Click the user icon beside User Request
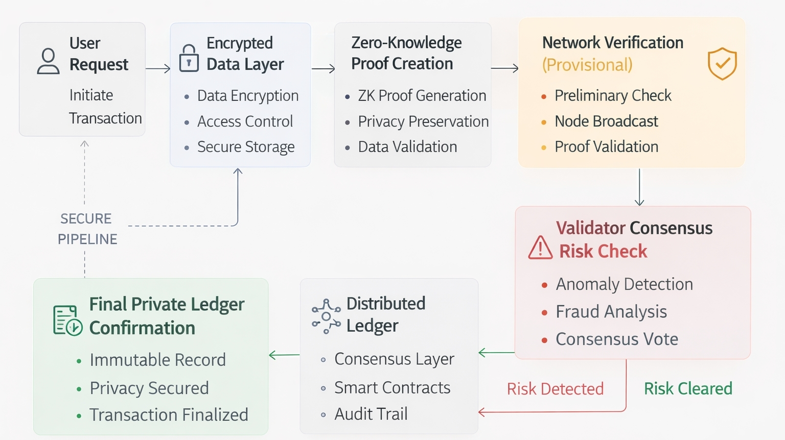[x=48, y=61]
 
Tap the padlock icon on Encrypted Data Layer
[x=189, y=58]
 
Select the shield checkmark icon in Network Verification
[x=722, y=64]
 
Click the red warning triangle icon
[x=540, y=248]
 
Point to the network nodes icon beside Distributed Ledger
[x=326, y=316]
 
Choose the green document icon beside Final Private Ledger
[x=67, y=321]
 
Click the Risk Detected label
[x=555, y=389]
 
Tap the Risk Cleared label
[x=688, y=389]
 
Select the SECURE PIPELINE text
[x=87, y=229]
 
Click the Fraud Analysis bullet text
[x=611, y=311]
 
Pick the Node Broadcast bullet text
[x=606, y=121]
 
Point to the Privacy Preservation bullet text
[x=423, y=121]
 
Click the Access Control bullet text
[x=245, y=121]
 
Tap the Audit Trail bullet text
[x=371, y=414]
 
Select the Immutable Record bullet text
[x=157, y=360]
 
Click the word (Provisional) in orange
[x=587, y=65]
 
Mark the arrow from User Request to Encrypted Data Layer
[x=158, y=68]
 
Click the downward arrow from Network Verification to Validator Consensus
[x=639, y=187]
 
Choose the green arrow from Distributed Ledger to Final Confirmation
[x=284, y=355]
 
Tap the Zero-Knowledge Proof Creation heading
[x=406, y=53]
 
